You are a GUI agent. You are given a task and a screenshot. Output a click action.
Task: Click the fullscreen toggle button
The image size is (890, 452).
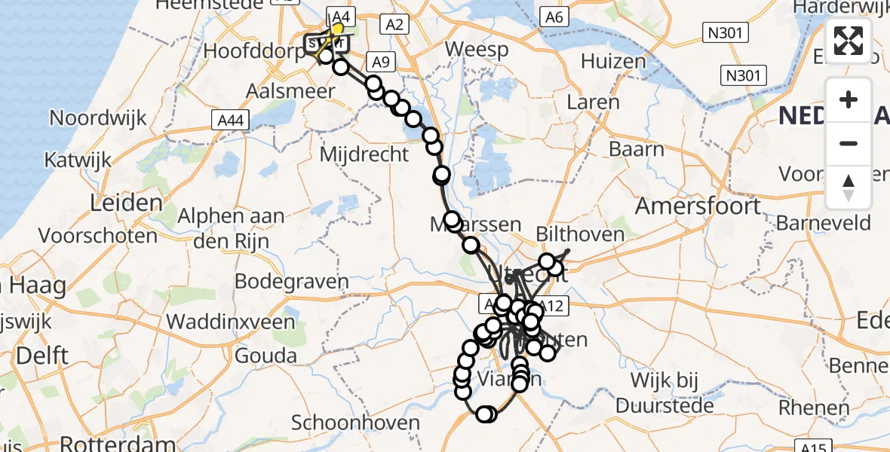click(x=849, y=41)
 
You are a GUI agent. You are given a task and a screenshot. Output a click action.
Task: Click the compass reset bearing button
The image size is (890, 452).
click(x=849, y=187)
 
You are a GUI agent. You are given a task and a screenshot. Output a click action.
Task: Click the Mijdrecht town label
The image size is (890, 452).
click(x=364, y=154)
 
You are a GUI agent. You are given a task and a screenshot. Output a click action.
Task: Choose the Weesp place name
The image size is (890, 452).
click(x=476, y=50)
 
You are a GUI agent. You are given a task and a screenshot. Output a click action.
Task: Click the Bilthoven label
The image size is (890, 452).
click(x=580, y=234)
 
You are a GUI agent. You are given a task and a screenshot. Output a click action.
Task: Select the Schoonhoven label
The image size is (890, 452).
click(x=355, y=422)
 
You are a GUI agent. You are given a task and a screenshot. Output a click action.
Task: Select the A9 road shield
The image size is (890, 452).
click(x=379, y=61)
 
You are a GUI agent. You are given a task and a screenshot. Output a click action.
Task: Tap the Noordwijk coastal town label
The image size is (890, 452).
click(x=98, y=118)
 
